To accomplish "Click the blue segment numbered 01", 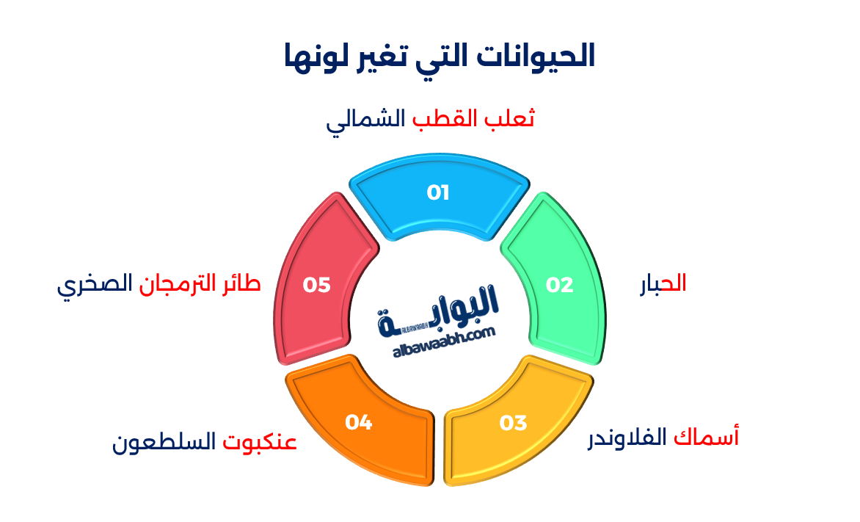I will (439, 198).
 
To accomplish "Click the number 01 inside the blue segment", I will (438, 193).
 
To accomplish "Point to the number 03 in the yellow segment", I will (514, 423).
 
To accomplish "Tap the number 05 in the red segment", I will (317, 285).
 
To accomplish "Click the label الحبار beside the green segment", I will (662, 283).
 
